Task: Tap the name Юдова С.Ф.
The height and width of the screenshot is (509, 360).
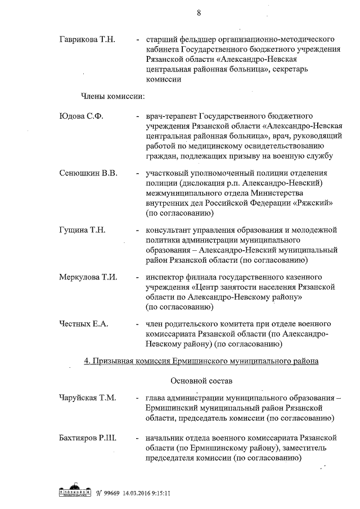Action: pyautogui.click(x=81, y=116)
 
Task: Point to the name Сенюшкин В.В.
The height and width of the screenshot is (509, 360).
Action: pyautogui.click(x=88, y=173)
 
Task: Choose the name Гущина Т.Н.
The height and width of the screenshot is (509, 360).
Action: pyautogui.click(x=82, y=230)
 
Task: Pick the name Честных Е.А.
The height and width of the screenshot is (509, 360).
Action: pyautogui.click(x=83, y=324)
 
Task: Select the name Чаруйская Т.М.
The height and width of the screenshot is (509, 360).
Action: pyautogui.click(x=87, y=398)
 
